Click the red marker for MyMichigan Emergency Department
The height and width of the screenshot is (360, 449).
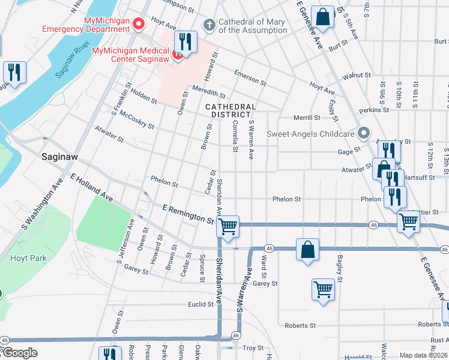(139, 25)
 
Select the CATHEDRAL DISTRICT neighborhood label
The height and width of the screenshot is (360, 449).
(231, 110)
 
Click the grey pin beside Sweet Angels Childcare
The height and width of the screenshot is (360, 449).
(362, 133)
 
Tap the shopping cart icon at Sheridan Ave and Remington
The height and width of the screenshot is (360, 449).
(228, 227)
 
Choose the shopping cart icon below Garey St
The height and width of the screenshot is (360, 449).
(323, 290)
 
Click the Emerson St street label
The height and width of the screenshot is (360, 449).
(250, 77)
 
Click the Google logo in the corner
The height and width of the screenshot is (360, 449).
(19, 353)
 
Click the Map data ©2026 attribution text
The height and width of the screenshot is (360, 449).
(423, 355)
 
